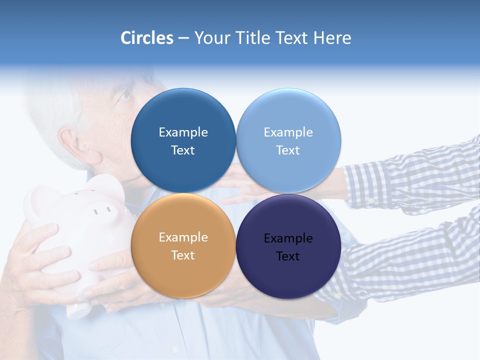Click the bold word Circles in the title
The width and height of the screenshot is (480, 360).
[147, 38]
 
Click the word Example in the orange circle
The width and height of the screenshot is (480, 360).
[183, 237]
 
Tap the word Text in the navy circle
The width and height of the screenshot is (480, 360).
[288, 256]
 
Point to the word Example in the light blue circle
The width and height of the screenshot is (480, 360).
[288, 132]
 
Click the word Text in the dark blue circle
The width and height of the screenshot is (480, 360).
[183, 150]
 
